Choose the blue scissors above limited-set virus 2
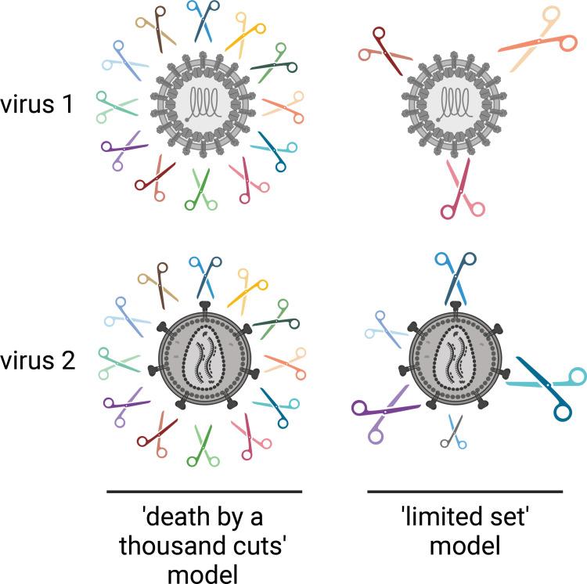tap(455, 276)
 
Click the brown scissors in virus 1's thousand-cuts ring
tap(155, 28)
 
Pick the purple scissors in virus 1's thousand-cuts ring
tap(121, 149)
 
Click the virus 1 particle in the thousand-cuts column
tap(203, 103)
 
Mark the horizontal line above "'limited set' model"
tap(465, 492)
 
